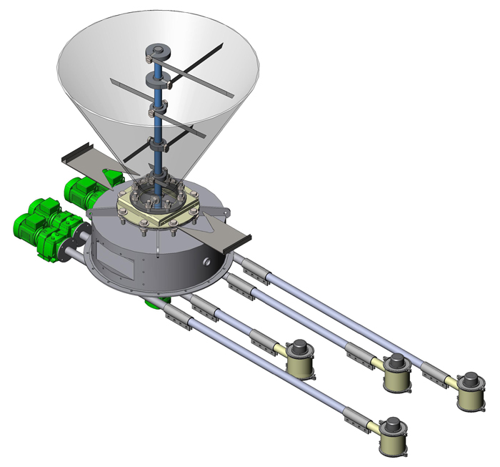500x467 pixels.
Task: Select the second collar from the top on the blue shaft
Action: point(156,77)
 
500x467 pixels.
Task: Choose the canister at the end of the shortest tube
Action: point(301,361)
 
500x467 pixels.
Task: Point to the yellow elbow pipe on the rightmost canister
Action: point(449,380)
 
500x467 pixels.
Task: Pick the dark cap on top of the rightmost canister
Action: point(471,379)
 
